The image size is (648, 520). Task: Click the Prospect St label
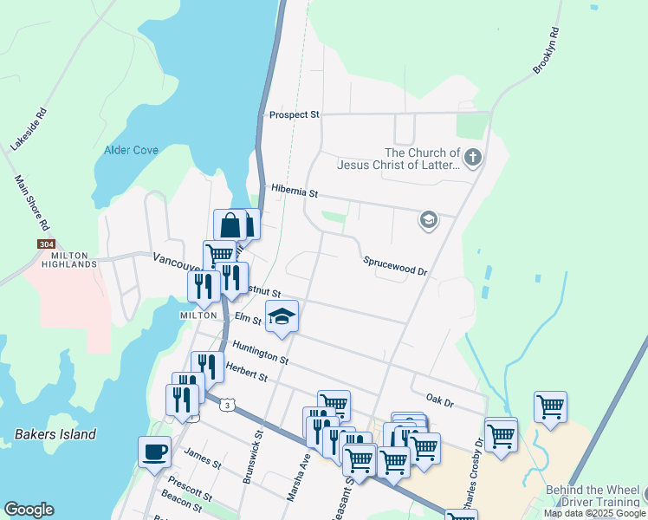pyautogui.click(x=294, y=114)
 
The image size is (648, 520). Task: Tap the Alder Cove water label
pyautogui.click(x=131, y=150)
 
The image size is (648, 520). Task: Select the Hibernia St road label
pyautogui.click(x=295, y=188)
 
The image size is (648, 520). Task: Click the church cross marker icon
pyautogui.click(x=472, y=158)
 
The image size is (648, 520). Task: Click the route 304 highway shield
pyautogui.click(x=47, y=244)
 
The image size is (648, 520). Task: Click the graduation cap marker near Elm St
pyautogui.click(x=282, y=317)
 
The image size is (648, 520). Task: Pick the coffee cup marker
pyautogui.click(x=154, y=452)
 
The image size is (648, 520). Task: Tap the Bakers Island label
pyautogui.click(x=55, y=434)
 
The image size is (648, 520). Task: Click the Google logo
pyautogui.click(x=29, y=510)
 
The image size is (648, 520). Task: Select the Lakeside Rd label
pyautogui.click(x=27, y=129)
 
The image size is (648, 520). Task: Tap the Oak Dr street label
pyautogui.click(x=440, y=400)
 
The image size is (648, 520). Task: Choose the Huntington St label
pyautogui.click(x=260, y=352)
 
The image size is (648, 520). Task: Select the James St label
pyautogui.click(x=203, y=459)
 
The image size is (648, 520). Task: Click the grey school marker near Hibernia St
pyautogui.click(x=427, y=220)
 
